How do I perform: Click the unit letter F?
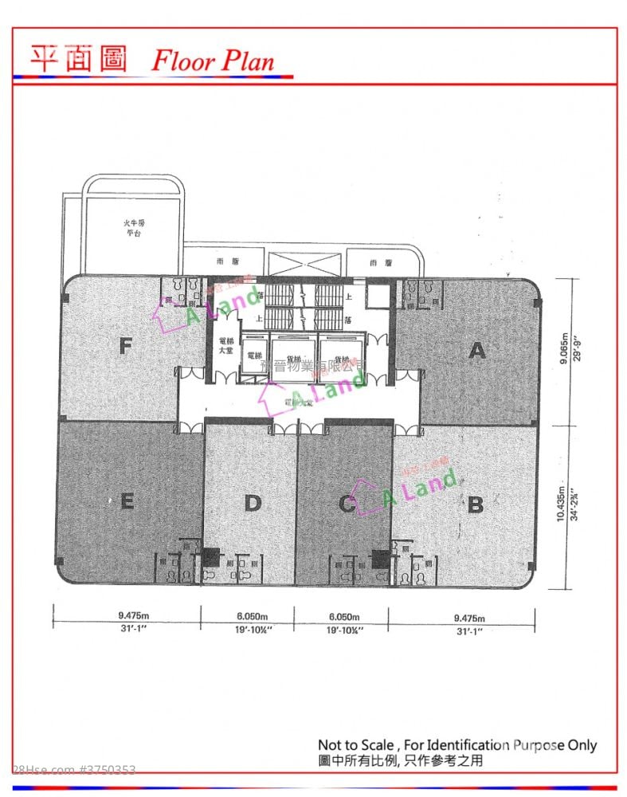point(125,346)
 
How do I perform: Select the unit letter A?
point(476,350)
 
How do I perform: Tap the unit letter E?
point(126,501)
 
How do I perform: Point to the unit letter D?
point(253,503)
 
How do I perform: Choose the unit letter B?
point(476,505)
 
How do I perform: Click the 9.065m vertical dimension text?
point(563,349)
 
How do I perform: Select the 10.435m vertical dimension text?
point(563,504)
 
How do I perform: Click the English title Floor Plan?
point(213,61)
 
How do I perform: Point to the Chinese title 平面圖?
point(78,58)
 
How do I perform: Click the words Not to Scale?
point(353,746)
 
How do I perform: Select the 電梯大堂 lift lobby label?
point(225,346)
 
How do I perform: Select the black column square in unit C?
point(380,558)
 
